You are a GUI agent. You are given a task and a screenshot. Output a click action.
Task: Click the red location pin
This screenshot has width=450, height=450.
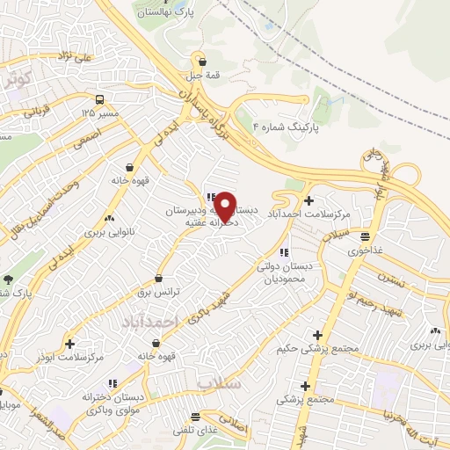pos(225,206)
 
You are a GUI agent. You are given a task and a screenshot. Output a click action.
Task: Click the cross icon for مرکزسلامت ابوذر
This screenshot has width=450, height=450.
pos(70,344)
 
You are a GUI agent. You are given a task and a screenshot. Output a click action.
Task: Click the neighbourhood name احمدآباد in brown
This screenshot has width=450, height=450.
pos(150,323)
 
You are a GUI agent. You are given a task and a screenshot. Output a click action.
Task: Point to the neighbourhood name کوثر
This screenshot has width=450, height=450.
pos(17,80)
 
